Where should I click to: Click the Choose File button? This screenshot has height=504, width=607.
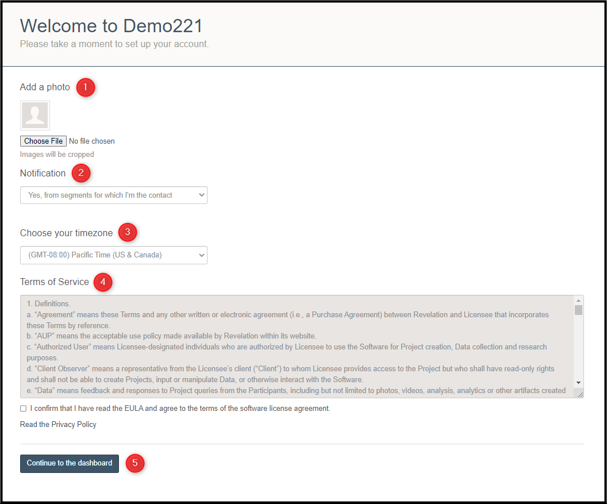[x=43, y=141]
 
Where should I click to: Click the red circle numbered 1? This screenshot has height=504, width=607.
[x=85, y=87]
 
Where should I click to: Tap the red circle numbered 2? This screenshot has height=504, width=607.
[x=81, y=173]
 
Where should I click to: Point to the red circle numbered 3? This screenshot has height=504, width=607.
[x=128, y=233]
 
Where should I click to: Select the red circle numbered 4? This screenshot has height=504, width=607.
[x=103, y=282]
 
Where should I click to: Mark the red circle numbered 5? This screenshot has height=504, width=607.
[x=135, y=463]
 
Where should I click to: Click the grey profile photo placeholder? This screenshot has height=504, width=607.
[x=35, y=116]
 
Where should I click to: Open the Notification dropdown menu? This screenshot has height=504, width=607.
[x=114, y=195]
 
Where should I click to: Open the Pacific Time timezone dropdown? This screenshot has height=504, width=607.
[x=114, y=255]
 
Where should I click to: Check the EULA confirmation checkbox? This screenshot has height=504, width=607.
[x=24, y=409]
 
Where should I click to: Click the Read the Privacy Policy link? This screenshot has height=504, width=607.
[x=58, y=425]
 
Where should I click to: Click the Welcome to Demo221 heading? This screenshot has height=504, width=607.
[x=112, y=26]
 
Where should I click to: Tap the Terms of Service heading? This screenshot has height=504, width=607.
[x=55, y=282]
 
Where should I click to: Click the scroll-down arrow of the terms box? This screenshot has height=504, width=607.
[x=578, y=383]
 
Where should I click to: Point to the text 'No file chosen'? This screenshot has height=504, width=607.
[x=92, y=141]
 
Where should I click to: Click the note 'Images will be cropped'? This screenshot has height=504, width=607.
[x=57, y=155]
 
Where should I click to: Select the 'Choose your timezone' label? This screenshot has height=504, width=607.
[x=67, y=233]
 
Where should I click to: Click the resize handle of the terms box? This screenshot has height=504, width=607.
[x=579, y=394]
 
